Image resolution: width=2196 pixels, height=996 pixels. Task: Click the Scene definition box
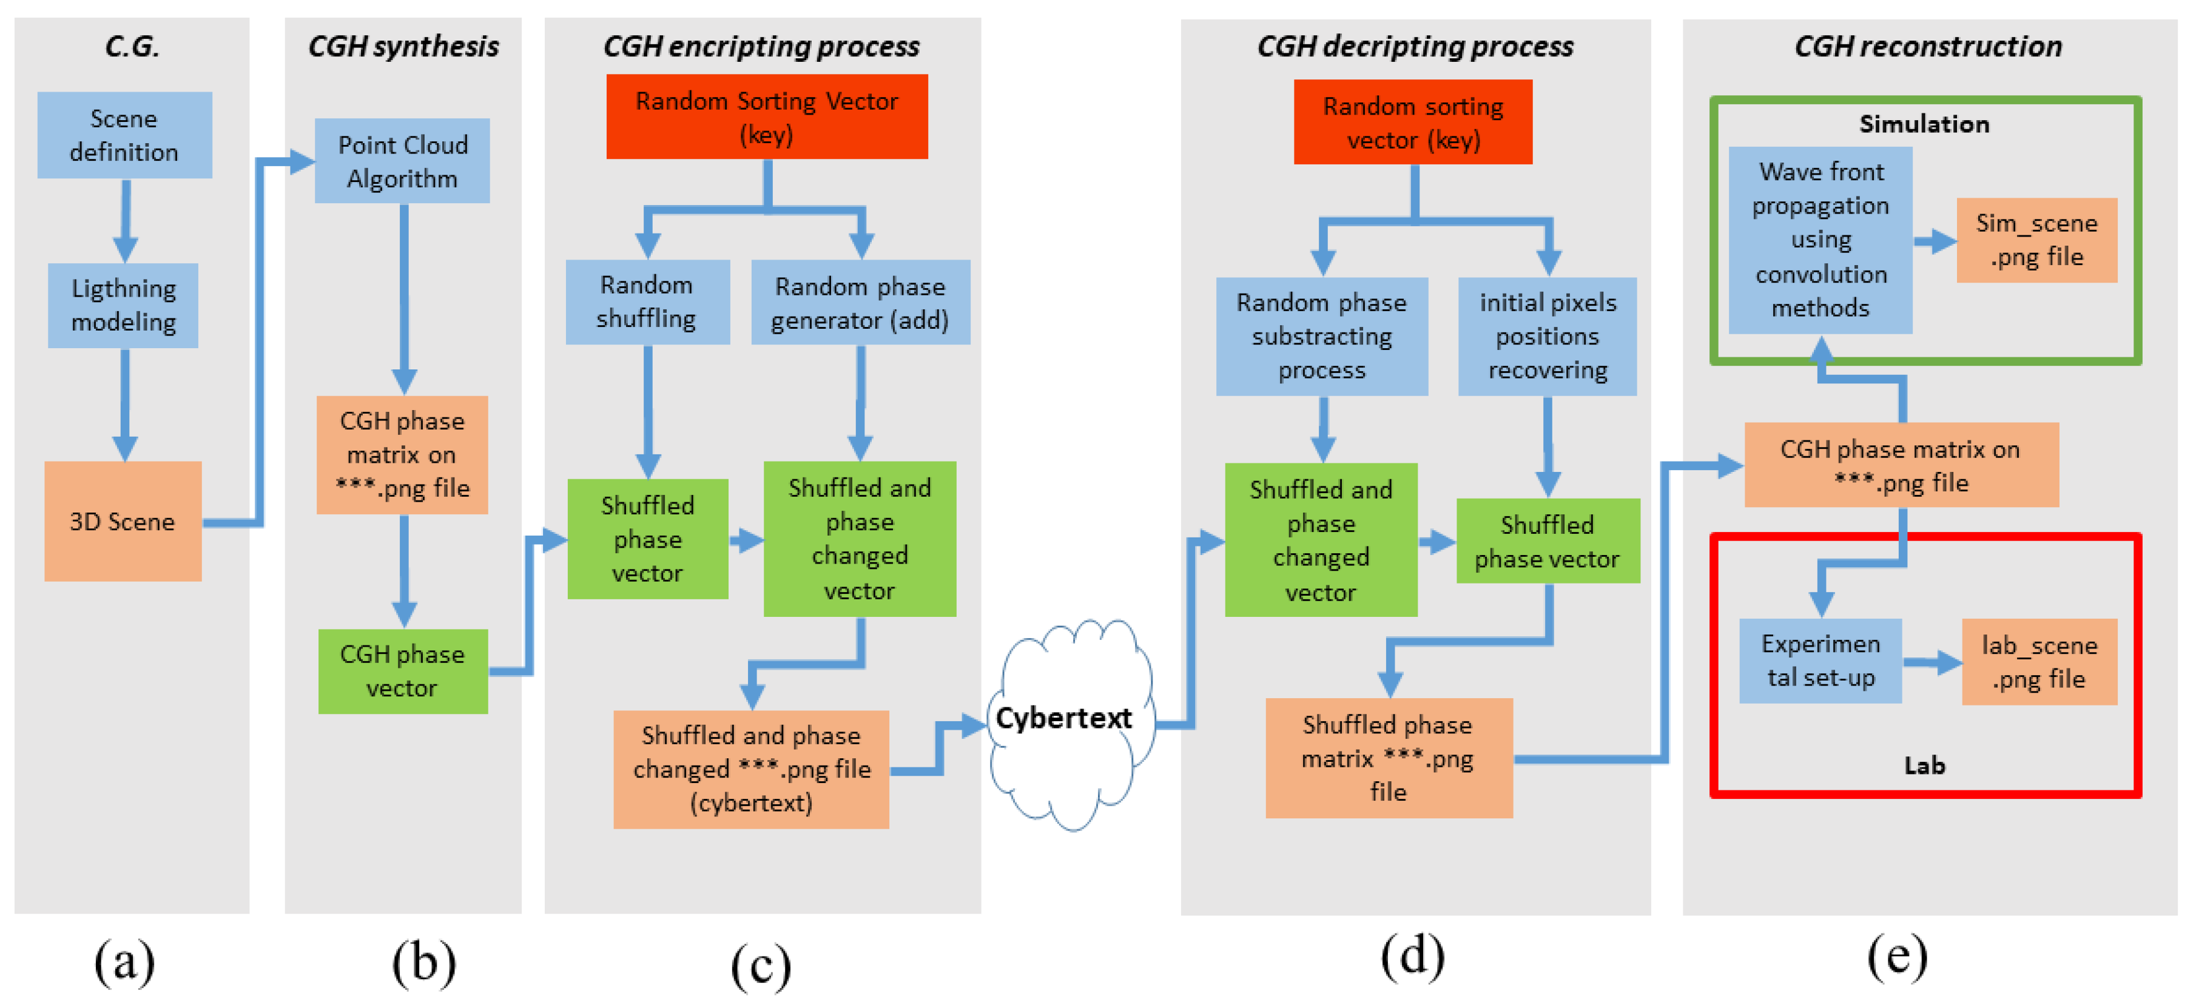pos(124,135)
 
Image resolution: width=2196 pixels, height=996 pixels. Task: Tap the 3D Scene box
pos(123,521)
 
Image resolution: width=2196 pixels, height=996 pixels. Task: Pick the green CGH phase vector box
pos(402,670)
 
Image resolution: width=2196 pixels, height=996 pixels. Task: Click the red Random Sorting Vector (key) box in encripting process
pos(766,117)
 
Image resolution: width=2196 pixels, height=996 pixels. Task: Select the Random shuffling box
pos(647,301)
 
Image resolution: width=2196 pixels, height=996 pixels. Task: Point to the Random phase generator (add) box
pos(860,302)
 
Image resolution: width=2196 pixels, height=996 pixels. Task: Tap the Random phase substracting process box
pos(1321,336)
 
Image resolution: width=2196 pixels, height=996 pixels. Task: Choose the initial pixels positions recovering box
pos(1548,336)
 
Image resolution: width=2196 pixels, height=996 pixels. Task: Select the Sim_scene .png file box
pos(2036,240)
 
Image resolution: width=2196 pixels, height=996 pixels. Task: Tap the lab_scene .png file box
pos(2039,661)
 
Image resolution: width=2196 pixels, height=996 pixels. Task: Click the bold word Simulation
pos(1924,124)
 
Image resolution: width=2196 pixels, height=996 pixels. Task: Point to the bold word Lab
pos(1924,765)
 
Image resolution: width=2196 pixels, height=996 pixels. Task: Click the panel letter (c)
pos(761,965)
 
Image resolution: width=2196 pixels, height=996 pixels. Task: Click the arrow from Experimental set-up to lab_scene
pos(1932,662)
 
